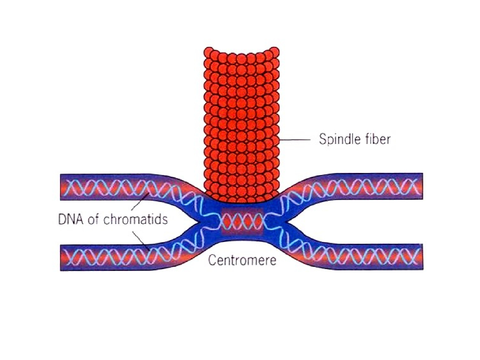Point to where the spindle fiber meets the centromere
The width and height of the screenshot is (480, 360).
pyautogui.click(x=242, y=201)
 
